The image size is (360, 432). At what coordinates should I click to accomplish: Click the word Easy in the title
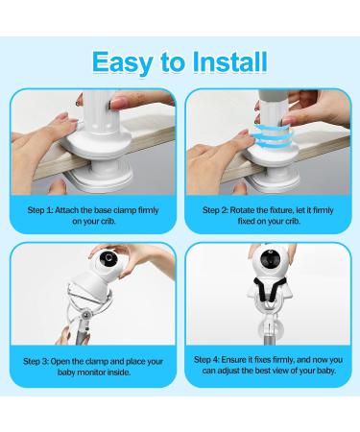coord(122,63)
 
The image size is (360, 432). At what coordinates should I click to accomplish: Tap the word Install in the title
coord(229,61)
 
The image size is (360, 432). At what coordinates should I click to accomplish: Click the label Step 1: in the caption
coord(40,210)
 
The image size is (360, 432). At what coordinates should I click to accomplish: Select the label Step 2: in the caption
coord(215,210)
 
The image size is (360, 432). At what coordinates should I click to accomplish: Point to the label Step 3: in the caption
coord(36,362)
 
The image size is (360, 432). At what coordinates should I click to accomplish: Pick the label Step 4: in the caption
coord(206,360)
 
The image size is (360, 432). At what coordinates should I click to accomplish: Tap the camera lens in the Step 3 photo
coord(109,258)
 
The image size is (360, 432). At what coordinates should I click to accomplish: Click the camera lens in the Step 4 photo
coord(268,258)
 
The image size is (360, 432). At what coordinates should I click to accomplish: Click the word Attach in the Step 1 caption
coord(66,210)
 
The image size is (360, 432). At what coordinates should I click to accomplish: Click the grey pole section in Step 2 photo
coord(273,95)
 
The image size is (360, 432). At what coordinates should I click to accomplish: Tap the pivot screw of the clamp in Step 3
coord(85,316)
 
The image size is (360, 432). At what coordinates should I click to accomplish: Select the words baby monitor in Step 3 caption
coord(82,372)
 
